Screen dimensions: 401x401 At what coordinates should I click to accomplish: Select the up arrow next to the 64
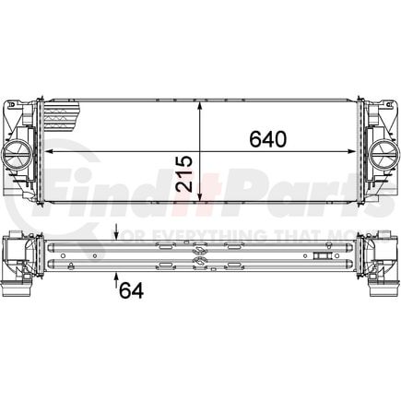[x=116, y=279]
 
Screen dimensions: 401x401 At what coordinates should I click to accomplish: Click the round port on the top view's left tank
[x=19, y=150]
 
